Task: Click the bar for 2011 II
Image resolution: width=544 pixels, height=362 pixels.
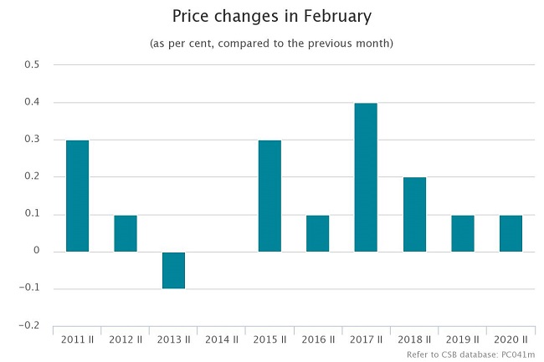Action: tap(77, 196)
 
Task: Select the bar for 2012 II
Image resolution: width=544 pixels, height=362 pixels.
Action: tap(126, 233)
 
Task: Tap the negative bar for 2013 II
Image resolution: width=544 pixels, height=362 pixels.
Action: tap(173, 270)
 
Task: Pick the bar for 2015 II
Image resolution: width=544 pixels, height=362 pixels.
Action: tap(269, 196)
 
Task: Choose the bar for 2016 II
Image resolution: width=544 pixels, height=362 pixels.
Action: tap(317, 233)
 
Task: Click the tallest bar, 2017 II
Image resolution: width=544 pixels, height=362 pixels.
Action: tap(366, 177)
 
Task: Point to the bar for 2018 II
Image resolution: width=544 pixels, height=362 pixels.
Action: tap(414, 214)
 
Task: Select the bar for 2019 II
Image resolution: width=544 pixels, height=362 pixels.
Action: tap(462, 233)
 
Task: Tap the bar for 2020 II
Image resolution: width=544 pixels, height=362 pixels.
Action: tap(511, 233)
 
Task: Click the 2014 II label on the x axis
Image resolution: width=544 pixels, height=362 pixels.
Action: tap(221, 339)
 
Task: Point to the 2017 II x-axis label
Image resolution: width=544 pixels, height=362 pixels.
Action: tap(366, 339)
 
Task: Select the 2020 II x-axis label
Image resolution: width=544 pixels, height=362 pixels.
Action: tap(511, 339)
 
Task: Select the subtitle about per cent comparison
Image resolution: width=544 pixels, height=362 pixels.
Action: tap(271, 43)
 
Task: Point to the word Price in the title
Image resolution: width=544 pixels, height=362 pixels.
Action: tap(191, 16)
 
